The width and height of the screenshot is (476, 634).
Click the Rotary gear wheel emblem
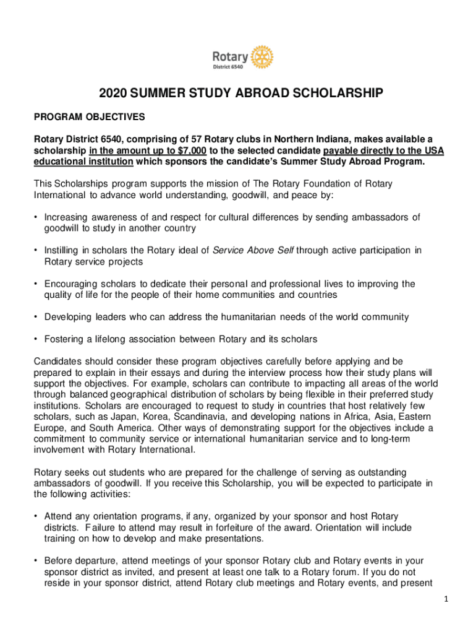coord(262,56)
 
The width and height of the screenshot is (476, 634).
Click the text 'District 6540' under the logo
coord(228,66)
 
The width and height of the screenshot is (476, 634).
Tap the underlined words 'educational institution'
coord(83,162)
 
